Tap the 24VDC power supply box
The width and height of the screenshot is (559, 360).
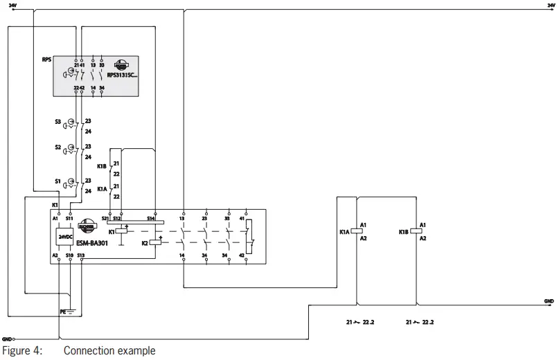tap(65, 236)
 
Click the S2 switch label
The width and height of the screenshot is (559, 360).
tap(57, 147)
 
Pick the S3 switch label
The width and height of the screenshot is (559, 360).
tap(57, 121)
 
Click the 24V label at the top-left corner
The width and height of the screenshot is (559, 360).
tap(12, 5)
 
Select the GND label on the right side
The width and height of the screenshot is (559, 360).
tap(549, 301)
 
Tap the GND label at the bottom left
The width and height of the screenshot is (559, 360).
tap(7, 339)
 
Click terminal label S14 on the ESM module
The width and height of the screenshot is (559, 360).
tap(150, 217)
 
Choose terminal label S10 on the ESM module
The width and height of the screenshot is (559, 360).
tap(69, 255)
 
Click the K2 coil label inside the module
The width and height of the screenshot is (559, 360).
tap(145, 243)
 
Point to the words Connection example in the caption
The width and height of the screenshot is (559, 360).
tap(109, 351)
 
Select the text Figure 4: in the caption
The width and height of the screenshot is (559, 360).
tap(21, 351)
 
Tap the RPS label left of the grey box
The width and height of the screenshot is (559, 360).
tap(46, 60)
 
